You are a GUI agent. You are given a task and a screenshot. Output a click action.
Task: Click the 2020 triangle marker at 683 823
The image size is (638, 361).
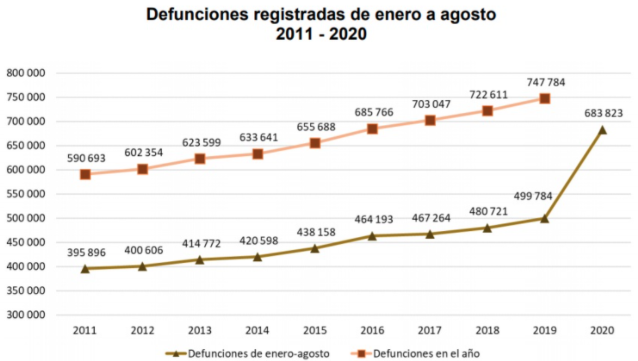coord(603,130)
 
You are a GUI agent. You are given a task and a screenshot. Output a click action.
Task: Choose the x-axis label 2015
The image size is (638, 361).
coord(314,329)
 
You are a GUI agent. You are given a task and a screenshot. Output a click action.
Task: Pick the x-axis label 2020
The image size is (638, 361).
coord(603,329)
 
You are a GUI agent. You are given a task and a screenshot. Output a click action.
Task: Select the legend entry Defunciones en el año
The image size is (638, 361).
coord(413,352)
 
